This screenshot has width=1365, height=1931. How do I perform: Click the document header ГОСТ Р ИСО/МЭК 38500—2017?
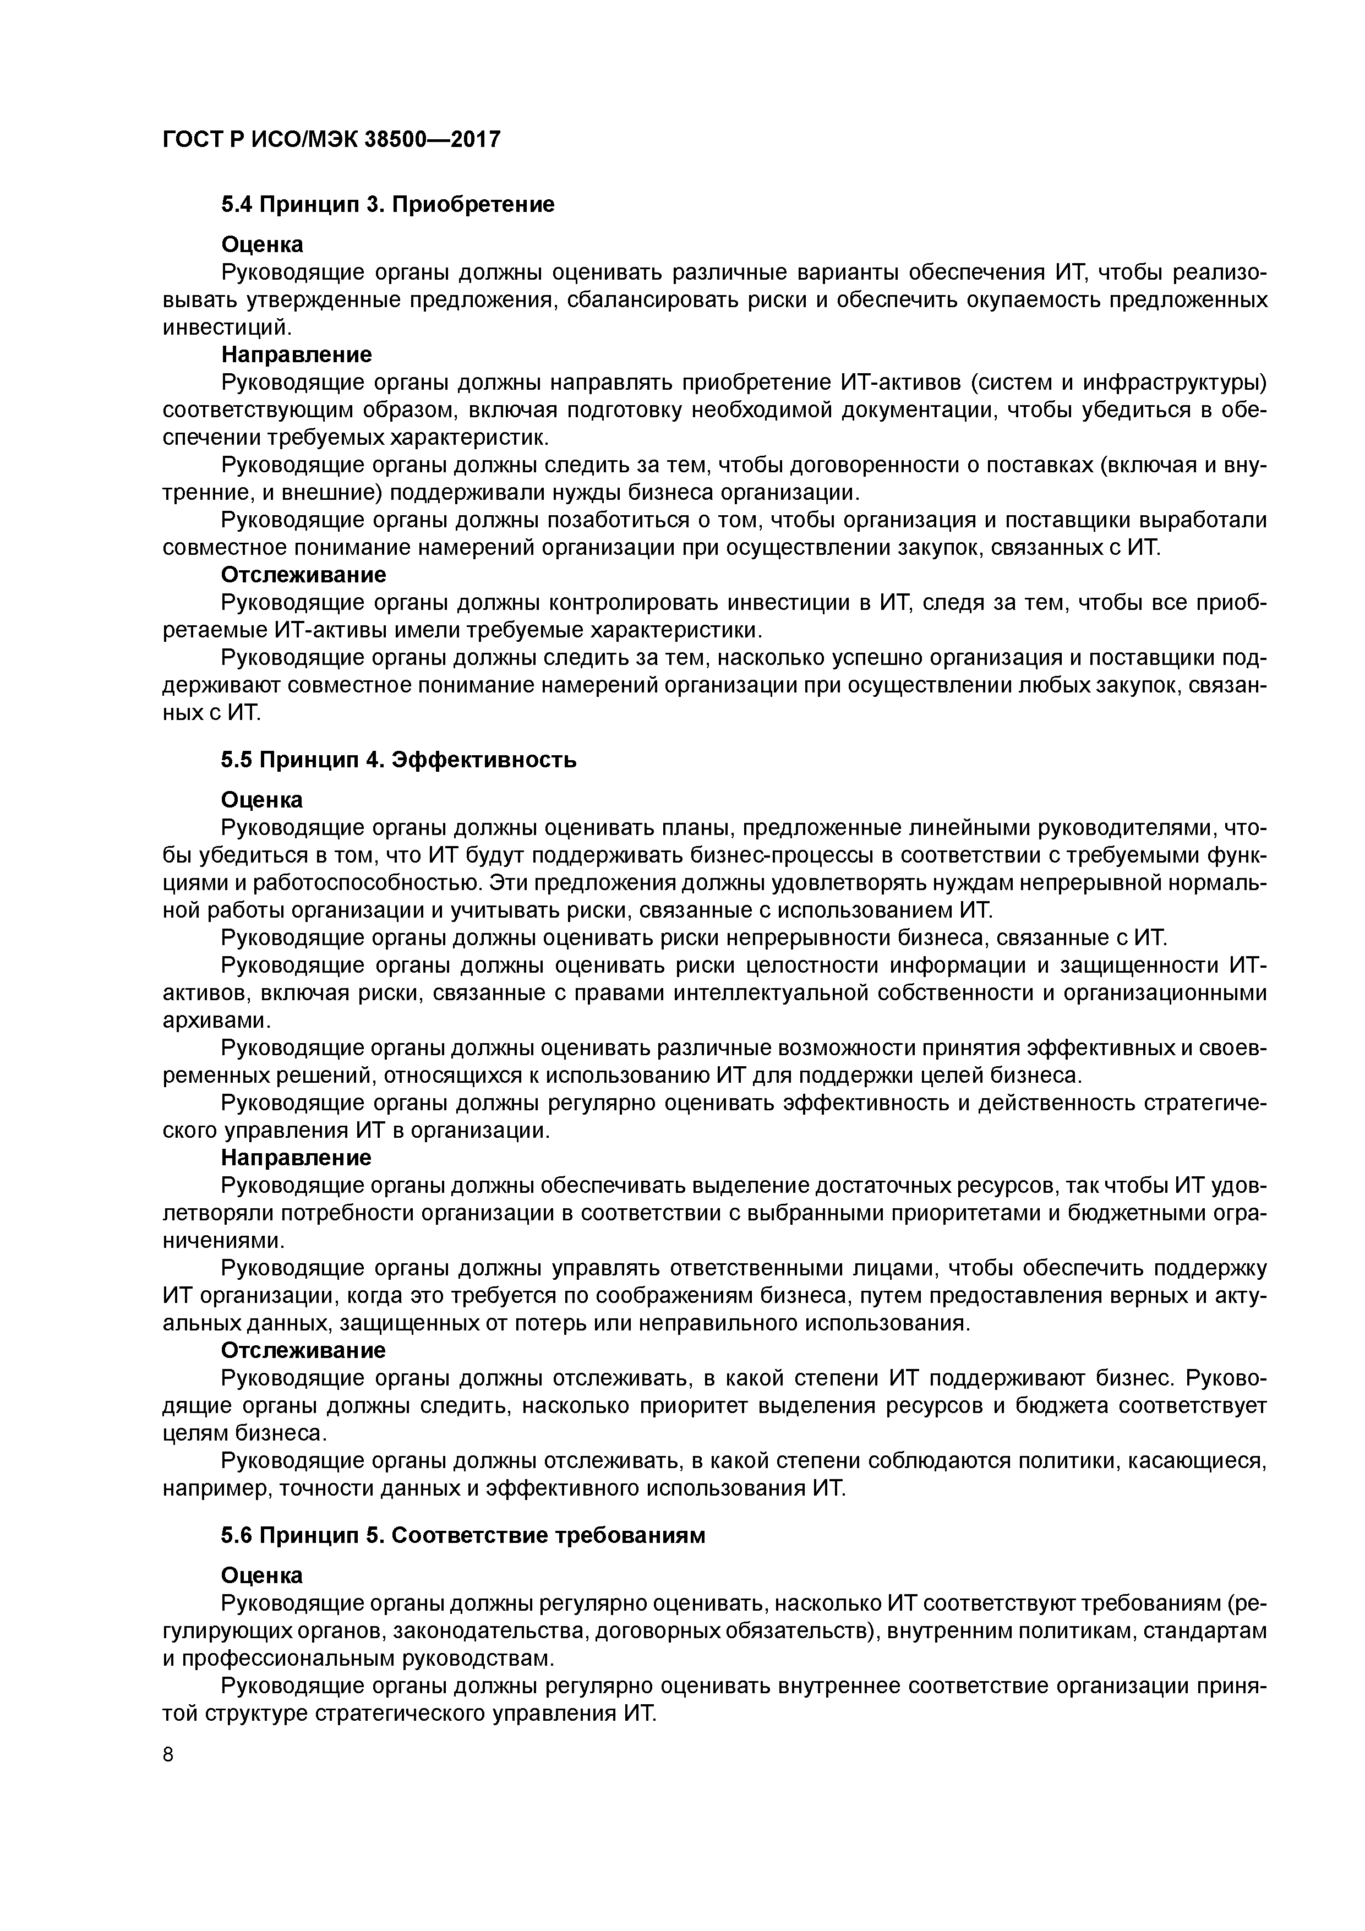tap(331, 139)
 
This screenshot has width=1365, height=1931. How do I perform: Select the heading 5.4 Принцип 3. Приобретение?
tap(387, 204)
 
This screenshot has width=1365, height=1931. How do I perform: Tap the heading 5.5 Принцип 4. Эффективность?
tap(398, 760)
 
